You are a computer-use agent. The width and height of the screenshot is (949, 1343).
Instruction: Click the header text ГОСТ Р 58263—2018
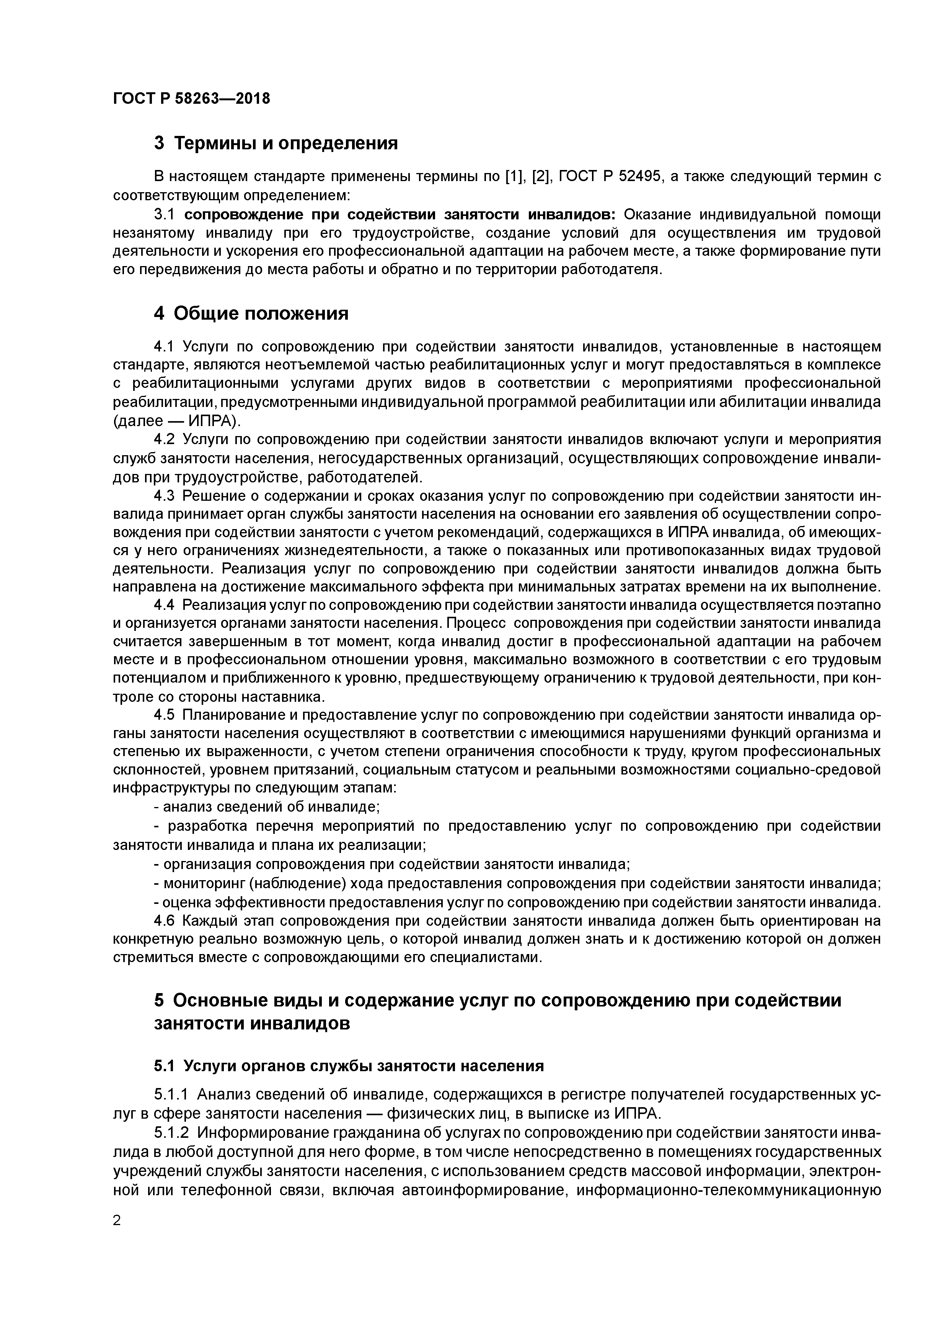[191, 98]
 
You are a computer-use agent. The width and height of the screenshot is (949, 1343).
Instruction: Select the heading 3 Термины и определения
[276, 143]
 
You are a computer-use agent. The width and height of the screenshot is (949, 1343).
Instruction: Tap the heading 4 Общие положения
[251, 314]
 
